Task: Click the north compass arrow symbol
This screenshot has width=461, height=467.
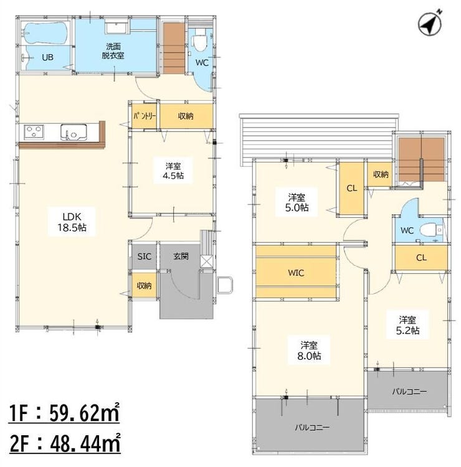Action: tap(430, 24)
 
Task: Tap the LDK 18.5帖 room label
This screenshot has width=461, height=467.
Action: tap(72, 222)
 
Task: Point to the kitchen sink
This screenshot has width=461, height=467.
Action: tap(74, 132)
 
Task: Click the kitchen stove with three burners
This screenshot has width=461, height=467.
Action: tap(34, 132)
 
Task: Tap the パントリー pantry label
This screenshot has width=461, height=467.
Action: tap(145, 116)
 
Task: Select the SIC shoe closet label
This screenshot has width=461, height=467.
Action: tap(145, 256)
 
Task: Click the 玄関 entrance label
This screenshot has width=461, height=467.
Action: tap(181, 256)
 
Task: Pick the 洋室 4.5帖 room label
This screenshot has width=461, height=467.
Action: tap(173, 171)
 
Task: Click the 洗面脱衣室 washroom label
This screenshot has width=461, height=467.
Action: tap(113, 51)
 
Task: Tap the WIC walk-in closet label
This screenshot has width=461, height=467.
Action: tap(296, 273)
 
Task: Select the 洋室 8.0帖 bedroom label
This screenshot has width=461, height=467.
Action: tap(309, 351)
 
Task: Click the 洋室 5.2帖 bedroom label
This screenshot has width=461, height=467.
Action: tap(407, 325)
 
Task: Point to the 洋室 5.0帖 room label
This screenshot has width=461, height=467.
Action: tap(297, 202)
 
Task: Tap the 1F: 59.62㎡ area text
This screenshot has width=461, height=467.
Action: tap(64, 412)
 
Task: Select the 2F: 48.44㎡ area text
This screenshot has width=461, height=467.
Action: tap(65, 443)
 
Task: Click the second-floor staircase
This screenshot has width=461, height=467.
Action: tap(421, 159)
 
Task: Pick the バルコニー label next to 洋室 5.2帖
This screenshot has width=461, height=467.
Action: tap(409, 391)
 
